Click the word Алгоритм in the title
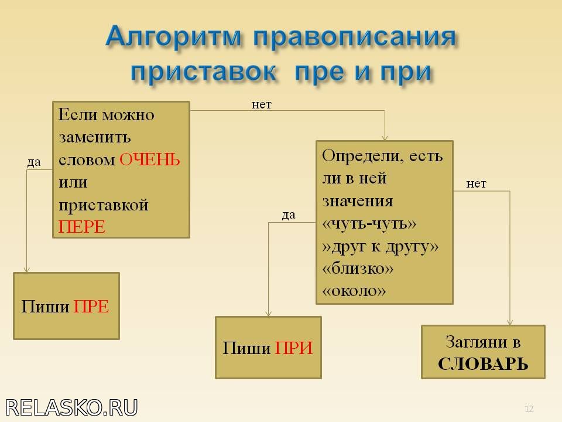tap(174, 36)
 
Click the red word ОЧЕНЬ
tap(149, 159)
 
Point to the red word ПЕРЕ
tap(82, 227)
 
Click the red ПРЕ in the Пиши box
tap(91, 307)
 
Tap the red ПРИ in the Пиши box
tap(294, 348)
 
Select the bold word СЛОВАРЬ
tap(483, 364)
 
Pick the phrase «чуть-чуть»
tap(369, 224)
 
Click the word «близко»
tap(358, 268)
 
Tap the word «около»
tap(354, 291)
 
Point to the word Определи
tap(364, 156)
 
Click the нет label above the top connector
tap(261, 104)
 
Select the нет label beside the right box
tap(476, 183)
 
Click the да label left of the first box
tap(34, 162)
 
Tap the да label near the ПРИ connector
tap(289, 215)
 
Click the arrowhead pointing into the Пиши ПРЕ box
tap(26, 270)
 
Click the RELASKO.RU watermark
tap(71, 408)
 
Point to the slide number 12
tap(529, 409)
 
